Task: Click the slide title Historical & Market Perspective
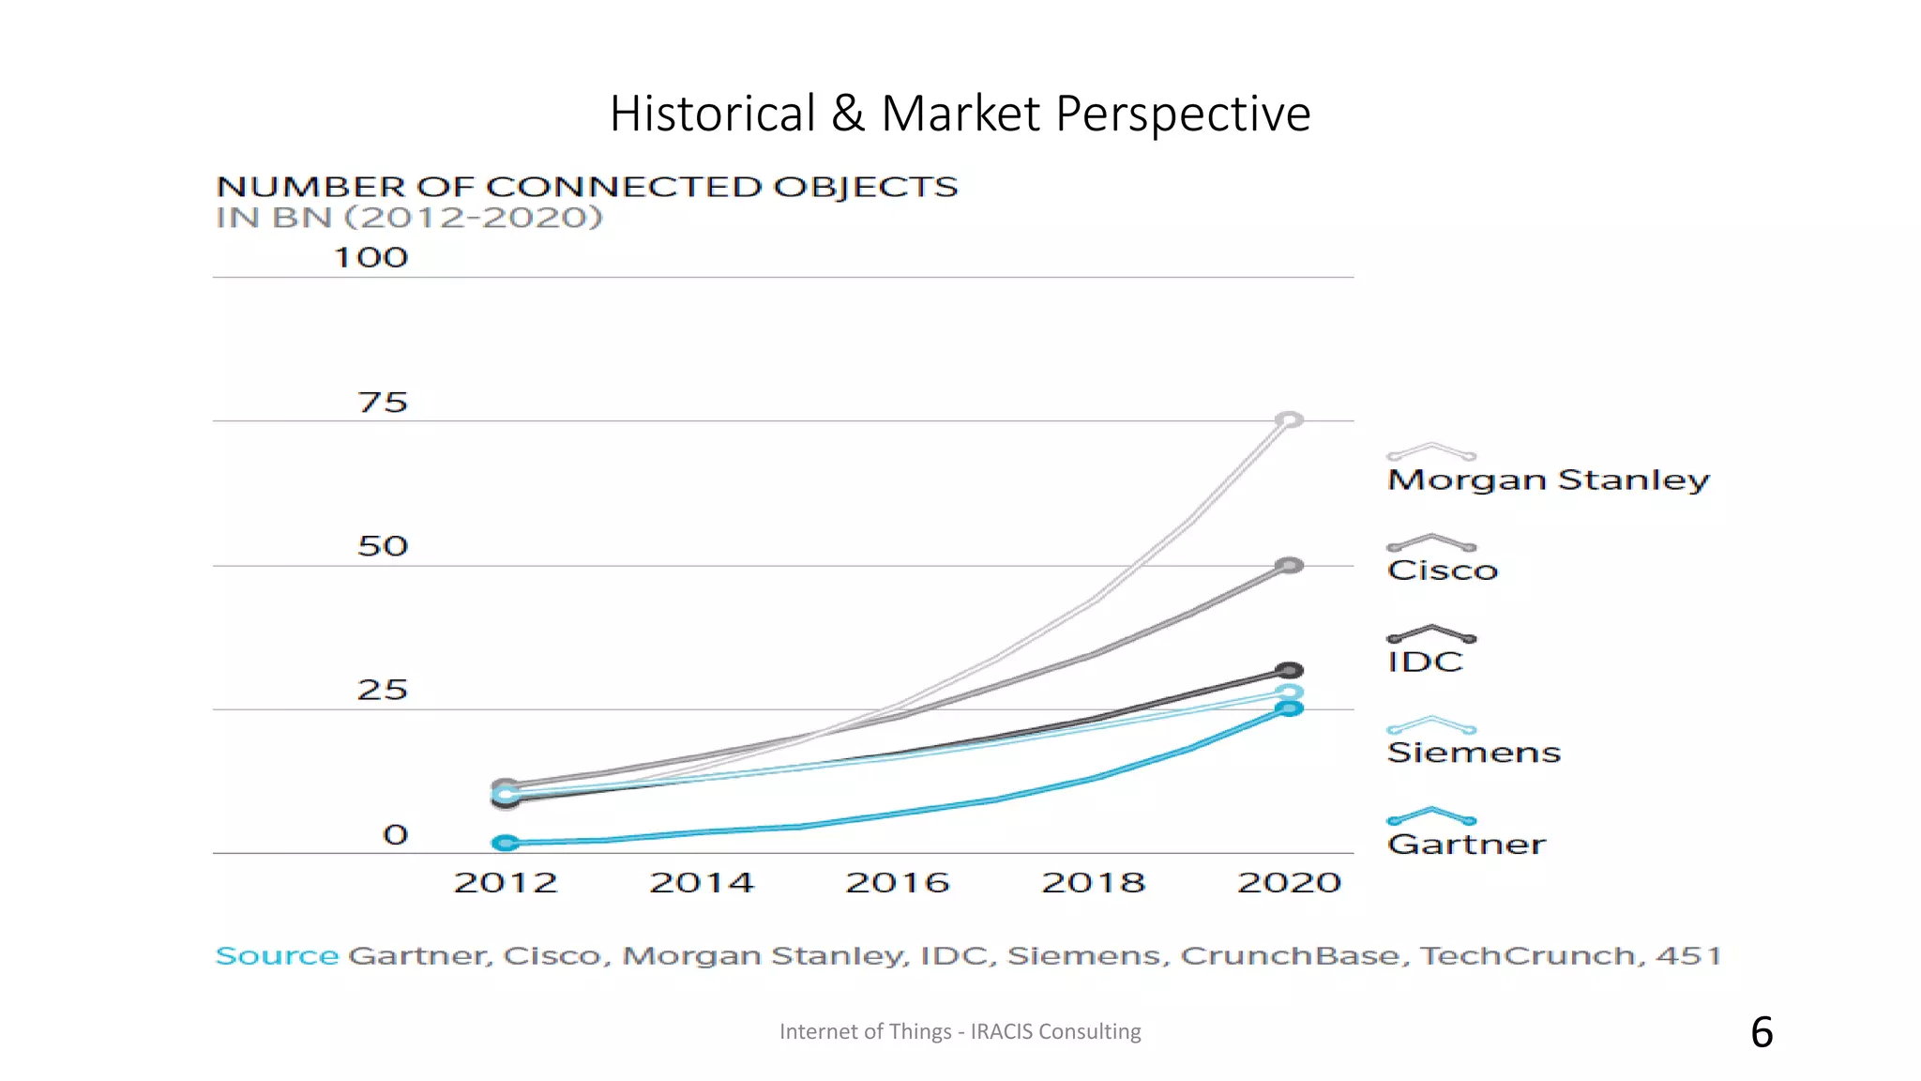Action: [x=960, y=114]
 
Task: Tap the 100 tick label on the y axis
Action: [x=371, y=258]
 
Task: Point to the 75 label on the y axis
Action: [x=383, y=403]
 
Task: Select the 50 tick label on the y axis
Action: [x=383, y=546]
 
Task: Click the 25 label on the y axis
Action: [x=383, y=691]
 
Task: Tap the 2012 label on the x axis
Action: [x=506, y=882]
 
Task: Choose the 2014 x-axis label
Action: [x=702, y=882]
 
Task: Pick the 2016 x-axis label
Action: [x=898, y=882]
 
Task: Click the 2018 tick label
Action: [x=1094, y=882]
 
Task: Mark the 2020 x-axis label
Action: [x=1290, y=882]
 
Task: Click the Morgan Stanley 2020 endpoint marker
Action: [x=1290, y=419]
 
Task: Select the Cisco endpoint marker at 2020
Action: [x=1290, y=565]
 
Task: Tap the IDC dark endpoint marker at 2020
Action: [x=1290, y=670]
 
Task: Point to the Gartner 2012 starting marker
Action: [x=506, y=843]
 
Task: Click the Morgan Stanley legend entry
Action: [x=1548, y=480]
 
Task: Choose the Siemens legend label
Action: [x=1474, y=752]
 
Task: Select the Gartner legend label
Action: [x=1466, y=844]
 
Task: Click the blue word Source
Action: [x=277, y=955]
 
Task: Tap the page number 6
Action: [x=1762, y=1032]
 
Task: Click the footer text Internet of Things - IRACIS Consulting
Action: [x=960, y=1031]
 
